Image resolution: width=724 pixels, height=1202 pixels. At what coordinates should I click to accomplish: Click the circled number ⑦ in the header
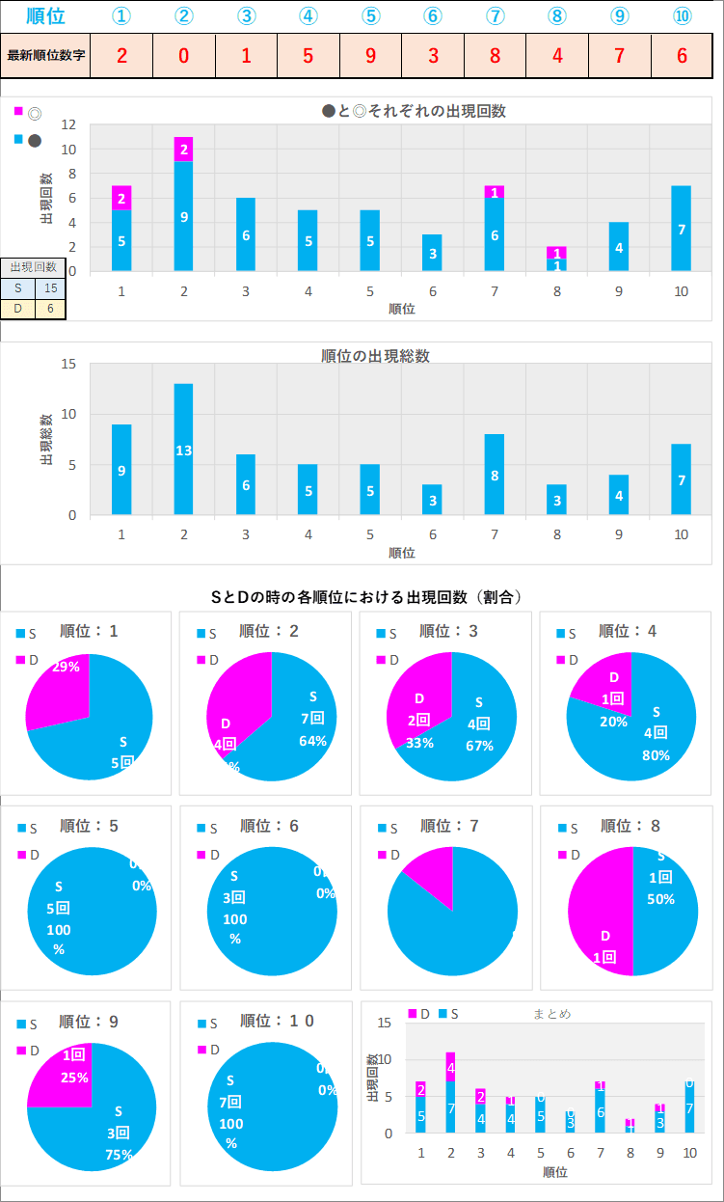point(496,16)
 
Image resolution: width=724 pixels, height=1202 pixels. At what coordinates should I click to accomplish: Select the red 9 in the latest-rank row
point(371,55)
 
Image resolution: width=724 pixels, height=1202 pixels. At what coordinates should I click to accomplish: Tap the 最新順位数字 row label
point(46,55)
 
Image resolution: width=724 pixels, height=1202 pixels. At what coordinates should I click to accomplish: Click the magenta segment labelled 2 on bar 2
point(183,150)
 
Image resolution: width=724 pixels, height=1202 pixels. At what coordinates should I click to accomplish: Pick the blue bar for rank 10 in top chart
point(682,229)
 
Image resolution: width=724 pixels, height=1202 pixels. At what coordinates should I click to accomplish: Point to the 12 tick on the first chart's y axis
point(68,124)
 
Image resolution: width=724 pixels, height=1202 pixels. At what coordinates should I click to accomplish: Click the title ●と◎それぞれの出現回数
point(414,111)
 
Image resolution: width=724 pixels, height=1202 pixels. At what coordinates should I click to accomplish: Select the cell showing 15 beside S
point(50,287)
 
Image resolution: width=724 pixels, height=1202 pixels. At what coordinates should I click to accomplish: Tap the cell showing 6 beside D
point(50,310)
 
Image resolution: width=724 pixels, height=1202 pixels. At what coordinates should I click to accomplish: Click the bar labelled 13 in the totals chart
point(183,450)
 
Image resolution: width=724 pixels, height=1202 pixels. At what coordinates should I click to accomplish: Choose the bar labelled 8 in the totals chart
point(495,475)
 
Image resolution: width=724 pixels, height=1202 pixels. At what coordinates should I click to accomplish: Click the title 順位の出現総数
point(375,355)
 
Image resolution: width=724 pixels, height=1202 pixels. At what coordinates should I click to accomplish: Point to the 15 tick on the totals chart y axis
point(68,364)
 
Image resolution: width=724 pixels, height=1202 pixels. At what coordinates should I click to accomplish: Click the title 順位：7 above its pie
point(449,826)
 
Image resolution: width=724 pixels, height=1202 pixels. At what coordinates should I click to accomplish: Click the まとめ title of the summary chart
point(551,1014)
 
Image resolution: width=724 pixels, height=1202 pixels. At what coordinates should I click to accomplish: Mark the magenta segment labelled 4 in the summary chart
point(450,1067)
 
